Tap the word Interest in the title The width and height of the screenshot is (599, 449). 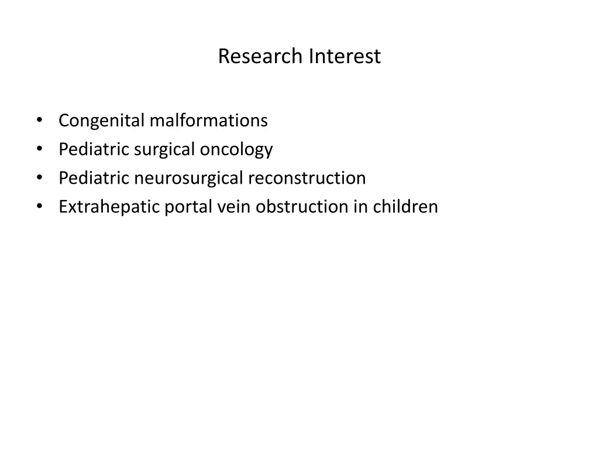click(x=345, y=57)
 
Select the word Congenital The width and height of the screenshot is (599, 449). click(x=101, y=121)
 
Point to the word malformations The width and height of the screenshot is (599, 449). click(x=208, y=120)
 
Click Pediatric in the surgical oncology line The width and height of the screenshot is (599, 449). click(x=94, y=150)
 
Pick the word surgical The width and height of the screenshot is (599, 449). click(x=166, y=150)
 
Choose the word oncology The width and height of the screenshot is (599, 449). click(x=236, y=150)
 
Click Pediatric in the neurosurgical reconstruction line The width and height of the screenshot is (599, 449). click(x=94, y=178)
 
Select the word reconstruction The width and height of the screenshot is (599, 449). click(x=307, y=178)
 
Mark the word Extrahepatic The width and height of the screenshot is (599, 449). click(x=109, y=207)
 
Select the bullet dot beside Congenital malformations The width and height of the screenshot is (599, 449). click(x=39, y=120)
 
